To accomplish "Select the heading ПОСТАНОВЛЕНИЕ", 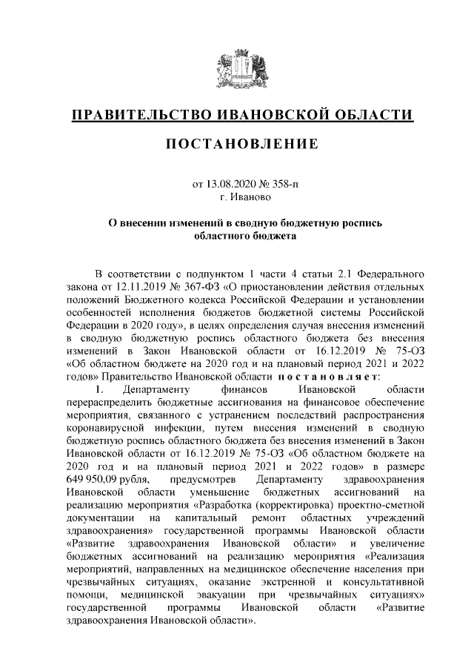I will click(237, 143).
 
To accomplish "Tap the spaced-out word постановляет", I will click(328, 377).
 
